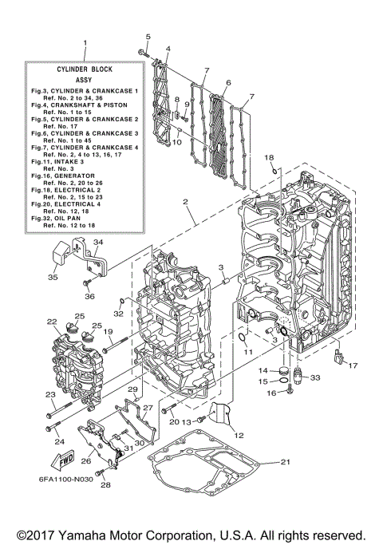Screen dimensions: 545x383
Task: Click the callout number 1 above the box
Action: click(x=85, y=43)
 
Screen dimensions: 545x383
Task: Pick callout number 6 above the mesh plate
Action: click(x=227, y=81)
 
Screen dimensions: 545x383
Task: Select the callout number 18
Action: click(x=270, y=158)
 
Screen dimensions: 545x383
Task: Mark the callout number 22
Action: click(x=52, y=322)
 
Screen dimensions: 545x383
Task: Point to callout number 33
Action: click(x=314, y=377)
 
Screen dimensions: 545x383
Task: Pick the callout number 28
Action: click(x=103, y=484)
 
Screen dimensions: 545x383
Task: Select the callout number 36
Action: click(x=89, y=296)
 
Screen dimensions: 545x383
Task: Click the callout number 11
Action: click(x=247, y=351)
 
